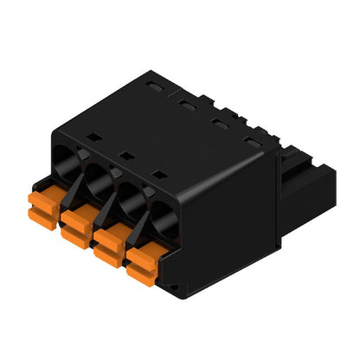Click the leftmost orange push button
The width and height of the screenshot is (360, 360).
[x=44, y=205]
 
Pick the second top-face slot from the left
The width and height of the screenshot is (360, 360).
[x=186, y=105]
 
